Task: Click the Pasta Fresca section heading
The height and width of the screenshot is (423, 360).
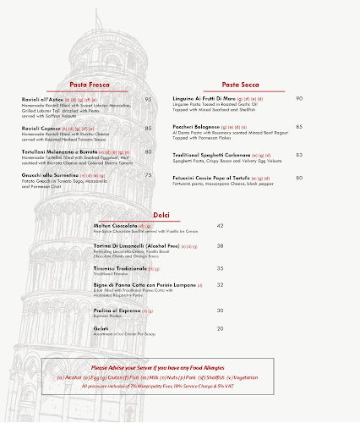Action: pyautogui.click(x=90, y=85)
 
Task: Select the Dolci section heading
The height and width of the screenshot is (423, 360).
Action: pyautogui.click(x=161, y=215)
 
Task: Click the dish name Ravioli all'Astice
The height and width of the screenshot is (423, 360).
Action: pyautogui.click(x=42, y=100)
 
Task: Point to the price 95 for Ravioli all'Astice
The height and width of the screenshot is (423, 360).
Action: pyautogui.click(x=149, y=100)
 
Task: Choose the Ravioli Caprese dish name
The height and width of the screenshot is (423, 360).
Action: pyautogui.click(x=41, y=129)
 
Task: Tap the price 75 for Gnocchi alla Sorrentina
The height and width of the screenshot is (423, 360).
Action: pyautogui.click(x=149, y=175)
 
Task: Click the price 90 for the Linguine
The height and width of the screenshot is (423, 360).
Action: pyautogui.click(x=299, y=98)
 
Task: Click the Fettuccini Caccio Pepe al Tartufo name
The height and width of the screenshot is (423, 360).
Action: pyautogui.click(x=212, y=179)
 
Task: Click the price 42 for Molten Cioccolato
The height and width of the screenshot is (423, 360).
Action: pyautogui.click(x=221, y=226)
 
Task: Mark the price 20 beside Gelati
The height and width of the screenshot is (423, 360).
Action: pyautogui.click(x=221, y=327)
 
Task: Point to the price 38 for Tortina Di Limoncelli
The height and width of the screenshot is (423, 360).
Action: pyautogui.click(x=221, y=245)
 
